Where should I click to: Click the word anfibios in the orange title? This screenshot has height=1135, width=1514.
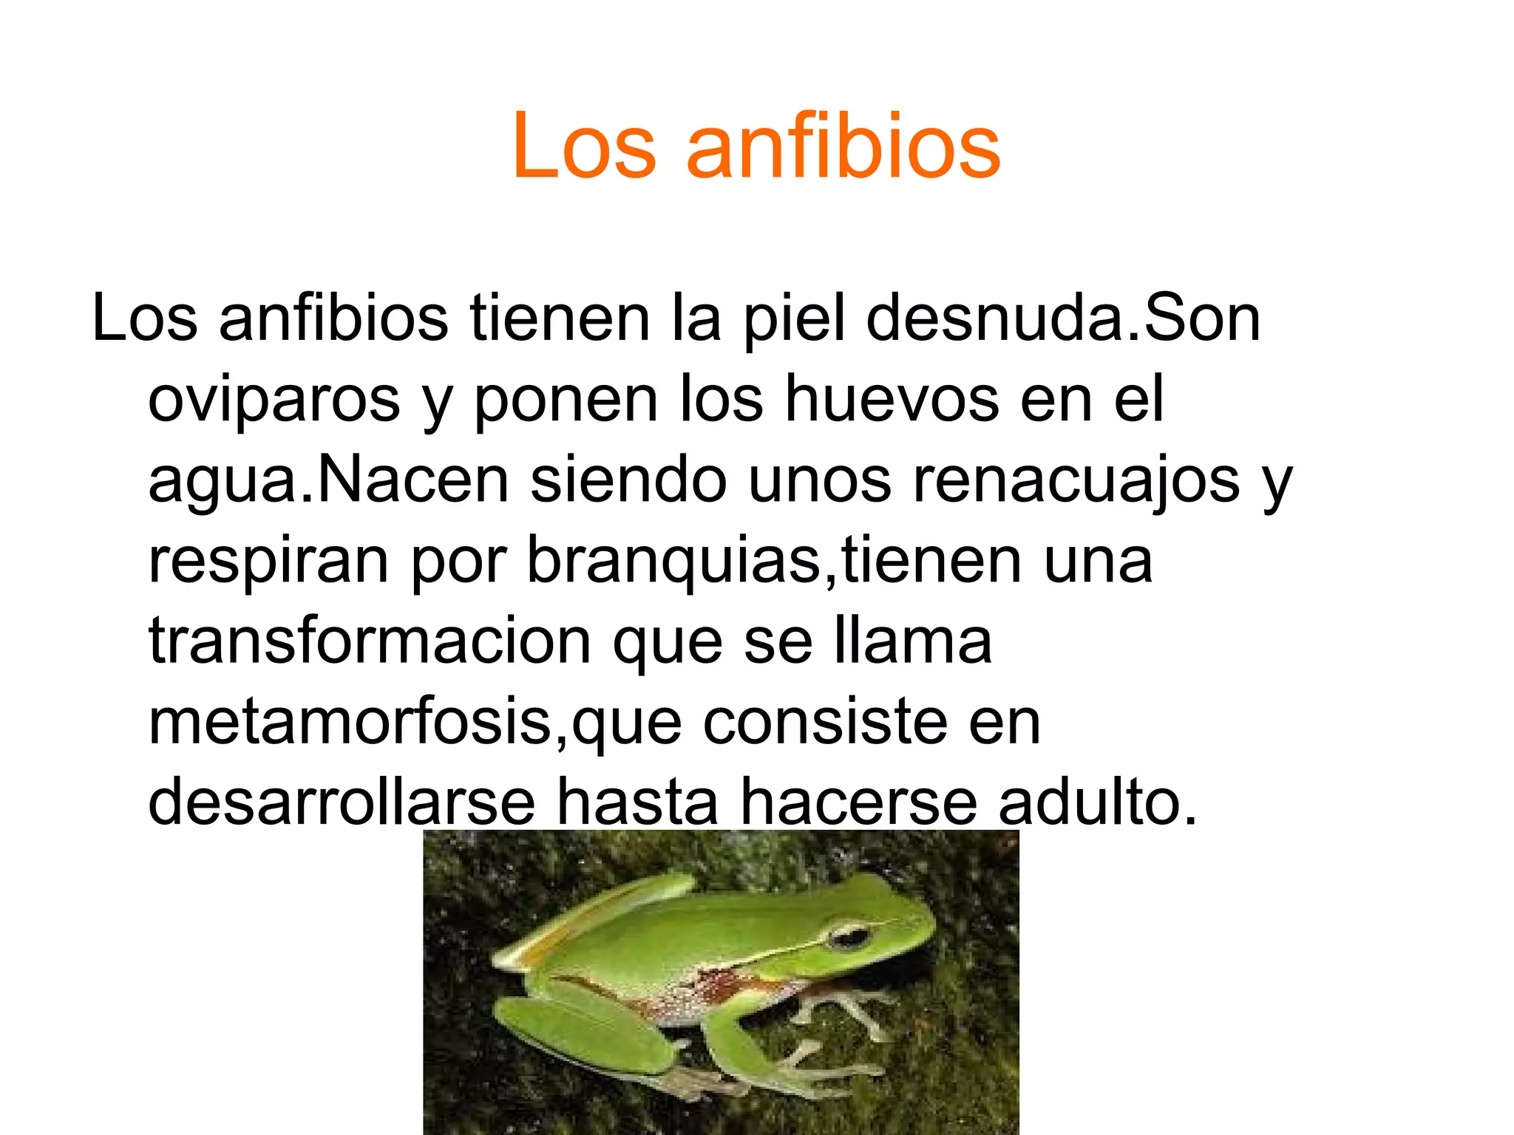(x=843, y=146)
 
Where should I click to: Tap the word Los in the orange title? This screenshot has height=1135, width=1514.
(x=584, y=146)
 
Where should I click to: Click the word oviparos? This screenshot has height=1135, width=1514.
(x=274, y=400)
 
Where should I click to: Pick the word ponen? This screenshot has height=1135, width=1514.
(x=566, y=400)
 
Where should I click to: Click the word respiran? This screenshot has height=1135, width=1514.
(x=268, y=562)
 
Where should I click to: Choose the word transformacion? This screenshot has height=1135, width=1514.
(x=370, y=641)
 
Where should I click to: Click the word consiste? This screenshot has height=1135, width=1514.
(x=824, y=722)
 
